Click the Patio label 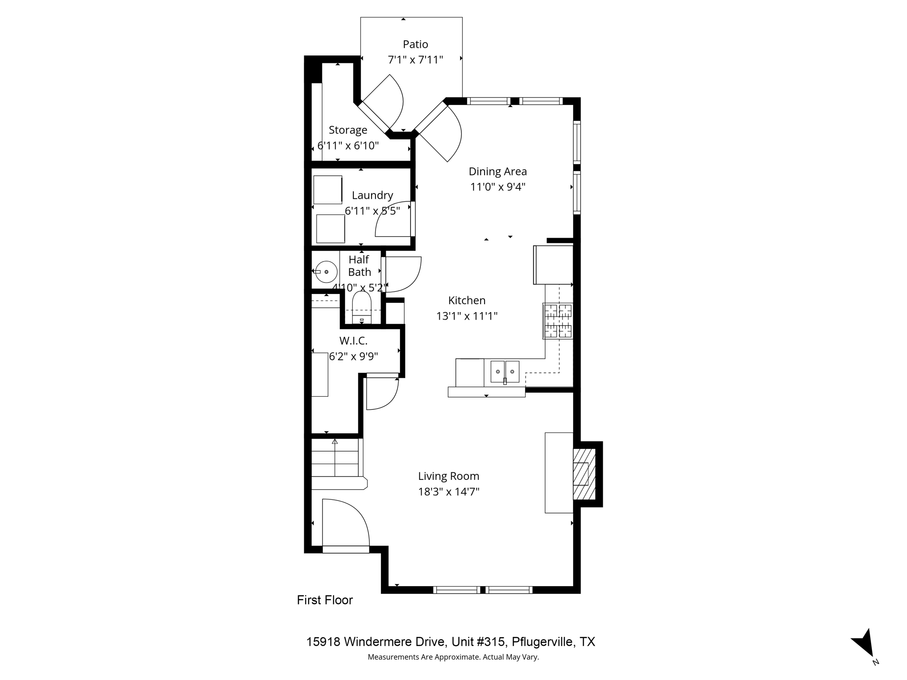tap(415, 44)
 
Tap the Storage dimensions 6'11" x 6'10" tap(348, 146)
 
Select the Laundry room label tap(372, 195)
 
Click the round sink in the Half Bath tap(326, 272)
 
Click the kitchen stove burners tap(558, 321)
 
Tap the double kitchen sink tap(504, 371)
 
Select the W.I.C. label tap(353, 341)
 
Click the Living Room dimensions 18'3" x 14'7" tap(449, 492)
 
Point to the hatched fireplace tap(584, 474)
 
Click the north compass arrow tap(865, 644)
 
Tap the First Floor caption tap(325, 600)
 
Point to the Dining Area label tap(497, 171)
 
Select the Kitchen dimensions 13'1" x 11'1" tap(467, 316)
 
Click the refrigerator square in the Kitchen tap(554, 265)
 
